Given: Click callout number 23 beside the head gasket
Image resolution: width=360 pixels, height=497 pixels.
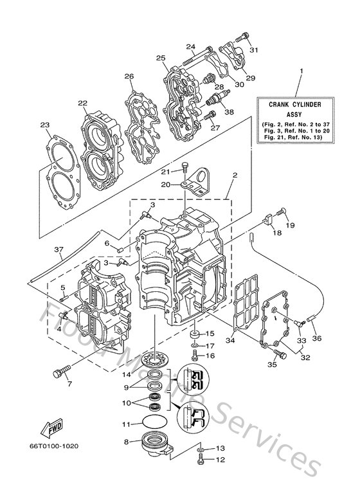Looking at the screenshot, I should [x=44, y=125].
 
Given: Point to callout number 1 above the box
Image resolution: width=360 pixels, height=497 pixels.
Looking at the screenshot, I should [x=302, y=71].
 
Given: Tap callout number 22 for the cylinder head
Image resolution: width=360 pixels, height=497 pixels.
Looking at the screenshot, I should [x=83, y=104].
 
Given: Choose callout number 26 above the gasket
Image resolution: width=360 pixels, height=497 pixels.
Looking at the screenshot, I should [x=129, y=77].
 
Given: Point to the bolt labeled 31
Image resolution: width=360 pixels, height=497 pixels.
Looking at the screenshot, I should [x=242, y=37].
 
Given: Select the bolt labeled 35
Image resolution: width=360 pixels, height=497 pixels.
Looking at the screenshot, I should [x=277, y=353].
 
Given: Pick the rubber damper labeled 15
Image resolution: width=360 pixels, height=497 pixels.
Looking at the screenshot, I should [x=192, y=334].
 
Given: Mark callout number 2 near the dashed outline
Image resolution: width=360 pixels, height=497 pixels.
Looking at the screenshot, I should [x=235, y=174].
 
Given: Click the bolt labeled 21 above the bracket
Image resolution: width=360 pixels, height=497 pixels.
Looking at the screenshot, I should [x=184, y=168].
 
